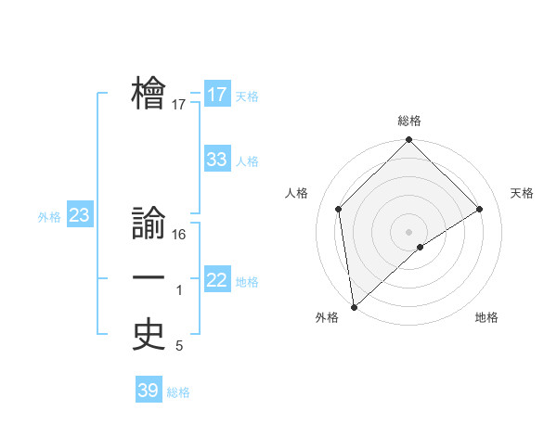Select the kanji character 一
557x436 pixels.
pos(149,278)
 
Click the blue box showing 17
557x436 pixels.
pos(216,95)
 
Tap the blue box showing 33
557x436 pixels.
pos(216,160)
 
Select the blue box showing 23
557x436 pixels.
pos(79,216)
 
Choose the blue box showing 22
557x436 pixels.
pos(216,280)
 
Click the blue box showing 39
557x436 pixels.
pos(148,391)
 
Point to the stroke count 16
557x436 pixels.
pos(179,235)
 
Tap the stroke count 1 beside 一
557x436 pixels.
pos(179,290)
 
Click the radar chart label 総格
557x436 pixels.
pos(408,121)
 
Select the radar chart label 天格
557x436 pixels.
pos(523,193)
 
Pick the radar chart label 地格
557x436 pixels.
pos(486,317)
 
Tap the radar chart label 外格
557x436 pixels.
pos(326,317)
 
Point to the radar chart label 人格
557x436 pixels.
pos(296,193)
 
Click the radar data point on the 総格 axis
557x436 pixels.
pos(408,141)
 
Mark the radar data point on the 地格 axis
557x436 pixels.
pos(421,247)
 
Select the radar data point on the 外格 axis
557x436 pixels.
pos(354,306)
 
